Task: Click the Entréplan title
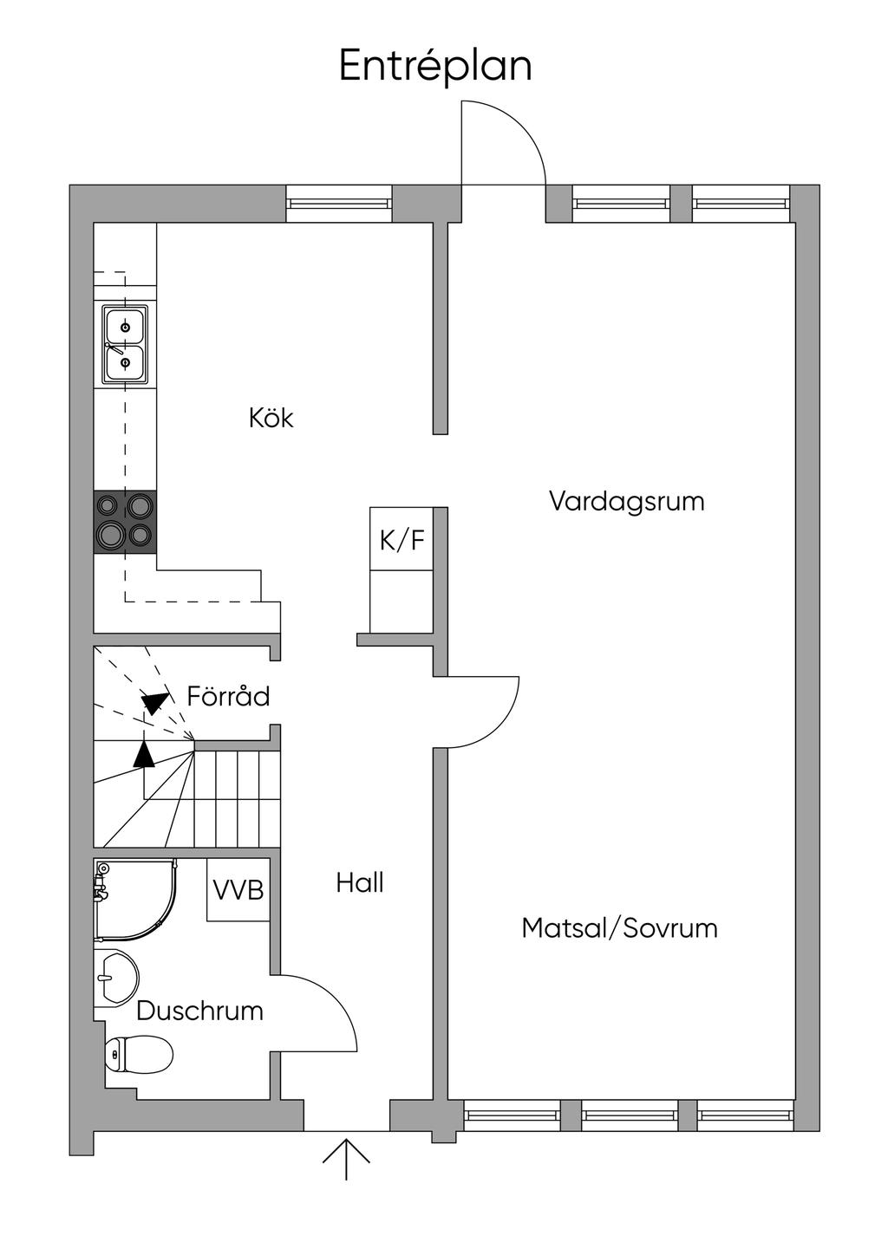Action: (435, 67)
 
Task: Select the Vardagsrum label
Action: (626, 502)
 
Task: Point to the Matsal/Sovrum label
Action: (619, 927)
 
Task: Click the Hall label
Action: (360, 883)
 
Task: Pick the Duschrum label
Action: (199, 1011)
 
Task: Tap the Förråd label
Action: (228, 696)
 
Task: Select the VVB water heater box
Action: (238, 889)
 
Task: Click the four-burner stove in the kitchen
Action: (125, 522)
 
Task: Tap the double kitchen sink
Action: (125, 345)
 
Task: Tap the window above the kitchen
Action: (339, 204)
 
